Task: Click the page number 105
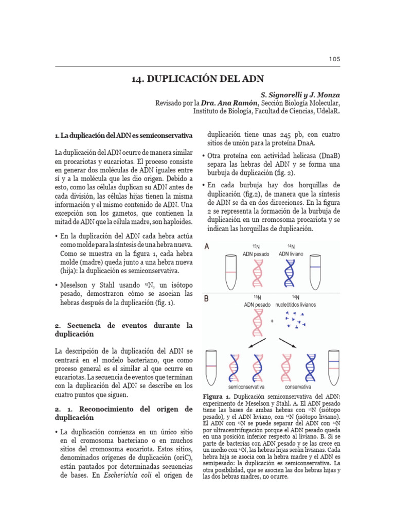(x=335, y=59)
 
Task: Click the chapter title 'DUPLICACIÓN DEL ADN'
(x=197, y=79)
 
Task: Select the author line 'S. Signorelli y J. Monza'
(x=300, y=95)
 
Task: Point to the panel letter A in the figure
(x=207, y=247)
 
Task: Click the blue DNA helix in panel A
(x=290, y=273)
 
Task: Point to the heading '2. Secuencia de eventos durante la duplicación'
(x=123, y=329)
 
